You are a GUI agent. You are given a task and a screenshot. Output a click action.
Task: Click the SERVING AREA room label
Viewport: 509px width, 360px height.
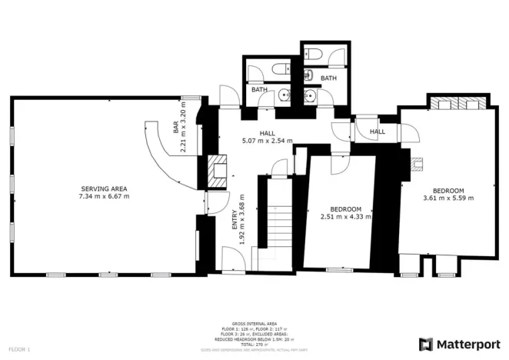click(103, 188)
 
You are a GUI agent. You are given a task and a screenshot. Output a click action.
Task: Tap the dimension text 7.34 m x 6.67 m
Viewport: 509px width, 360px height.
click(103, 197)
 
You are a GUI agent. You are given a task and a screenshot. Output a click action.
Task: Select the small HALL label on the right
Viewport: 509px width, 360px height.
click(377, 132)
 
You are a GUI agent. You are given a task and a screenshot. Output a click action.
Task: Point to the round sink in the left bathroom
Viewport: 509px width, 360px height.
click(284, 96)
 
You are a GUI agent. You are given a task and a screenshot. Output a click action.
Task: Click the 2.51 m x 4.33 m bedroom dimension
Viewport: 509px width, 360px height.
click(345, 217)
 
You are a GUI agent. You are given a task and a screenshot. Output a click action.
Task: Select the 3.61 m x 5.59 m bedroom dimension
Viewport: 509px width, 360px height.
click(447, 198)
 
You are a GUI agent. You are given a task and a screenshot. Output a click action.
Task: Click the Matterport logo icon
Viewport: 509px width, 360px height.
click(426, 343)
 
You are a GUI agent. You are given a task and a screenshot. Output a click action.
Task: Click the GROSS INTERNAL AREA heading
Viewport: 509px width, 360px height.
click(254, 324)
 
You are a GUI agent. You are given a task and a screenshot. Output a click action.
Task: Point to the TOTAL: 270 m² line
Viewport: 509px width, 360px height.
click(254, 344)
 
